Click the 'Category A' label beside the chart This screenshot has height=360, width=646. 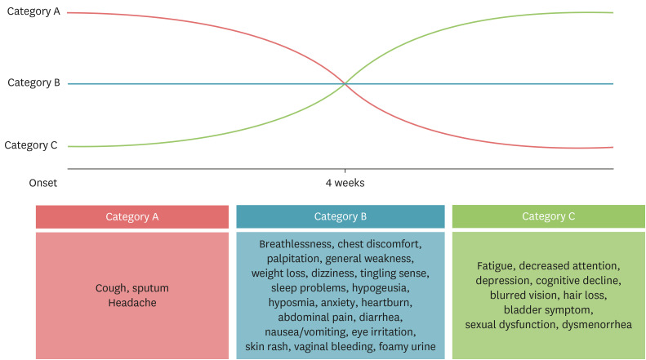coord(33,13)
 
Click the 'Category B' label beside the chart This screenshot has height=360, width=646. coord(33,82)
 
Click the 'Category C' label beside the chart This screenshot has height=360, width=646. coord(31,145)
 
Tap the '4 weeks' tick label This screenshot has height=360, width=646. coord(345,183)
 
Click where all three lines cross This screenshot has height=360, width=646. coord(345,83)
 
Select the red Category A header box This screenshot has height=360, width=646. coord(131,216)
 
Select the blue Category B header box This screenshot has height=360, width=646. coord(340,216)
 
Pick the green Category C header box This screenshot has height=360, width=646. coord(548,216)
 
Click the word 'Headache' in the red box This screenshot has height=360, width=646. coord(131,303)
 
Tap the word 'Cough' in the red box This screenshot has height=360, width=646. coord(112,288)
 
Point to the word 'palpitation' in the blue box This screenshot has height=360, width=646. coord(287,259)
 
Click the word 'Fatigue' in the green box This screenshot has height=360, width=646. coord(495,266)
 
